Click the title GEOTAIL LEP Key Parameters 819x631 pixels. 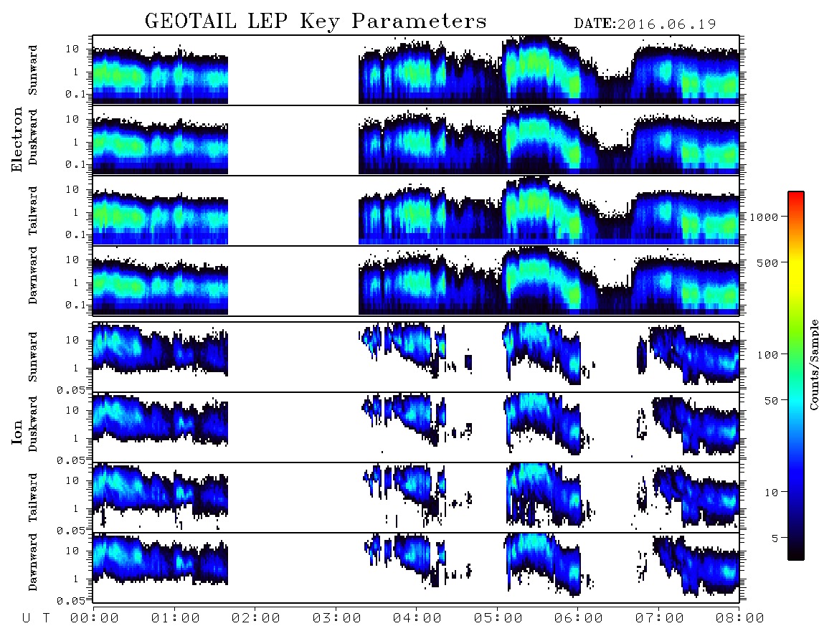[316, 22]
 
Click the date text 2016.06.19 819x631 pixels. [666, 24]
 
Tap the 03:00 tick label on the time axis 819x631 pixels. [337, 619]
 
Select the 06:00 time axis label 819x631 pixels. [579, 619]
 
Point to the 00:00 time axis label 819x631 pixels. [95, 619]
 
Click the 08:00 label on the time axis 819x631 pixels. [740, 619]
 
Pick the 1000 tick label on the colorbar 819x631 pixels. [764, 217]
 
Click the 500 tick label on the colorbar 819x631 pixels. [767, 262]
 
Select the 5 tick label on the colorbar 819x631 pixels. [775, 538]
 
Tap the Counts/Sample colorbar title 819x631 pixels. [813, 364]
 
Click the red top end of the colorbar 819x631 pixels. [796, 194]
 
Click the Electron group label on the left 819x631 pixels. [17, 139]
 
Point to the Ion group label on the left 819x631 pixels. [17, 432]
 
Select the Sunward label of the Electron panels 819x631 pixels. [33, 70]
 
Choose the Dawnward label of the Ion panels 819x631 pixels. [33, 562]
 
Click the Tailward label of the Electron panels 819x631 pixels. [33, 211]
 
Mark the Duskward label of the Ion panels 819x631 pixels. [33, 424]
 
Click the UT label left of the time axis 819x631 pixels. [36, 619]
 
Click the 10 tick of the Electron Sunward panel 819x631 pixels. [72, 49]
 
